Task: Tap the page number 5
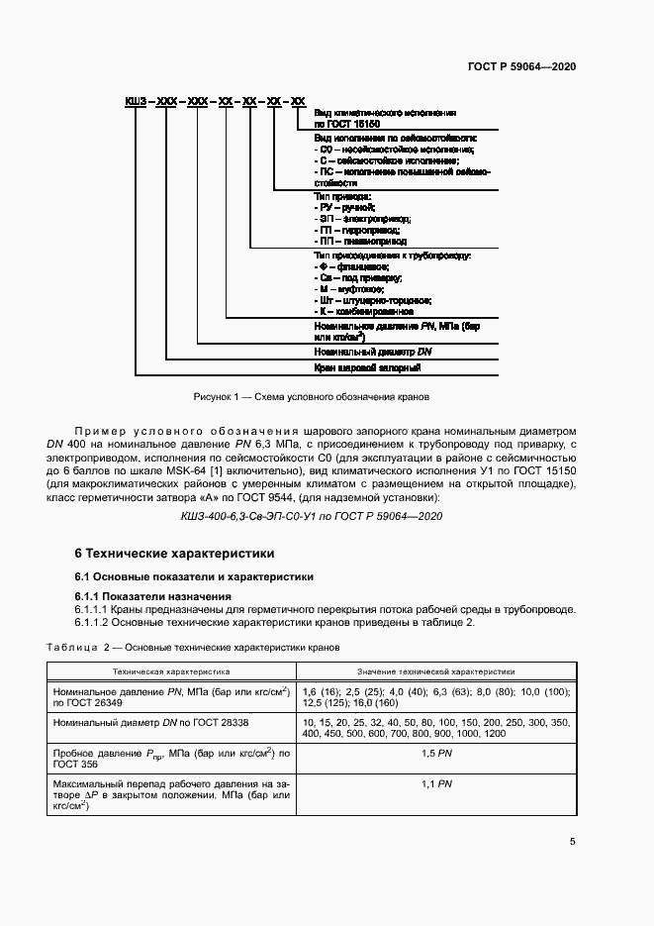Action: click(x=573, y=842)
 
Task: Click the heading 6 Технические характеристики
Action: click(x=174, y=553)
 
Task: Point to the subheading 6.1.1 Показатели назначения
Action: click(x=153, y=596)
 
